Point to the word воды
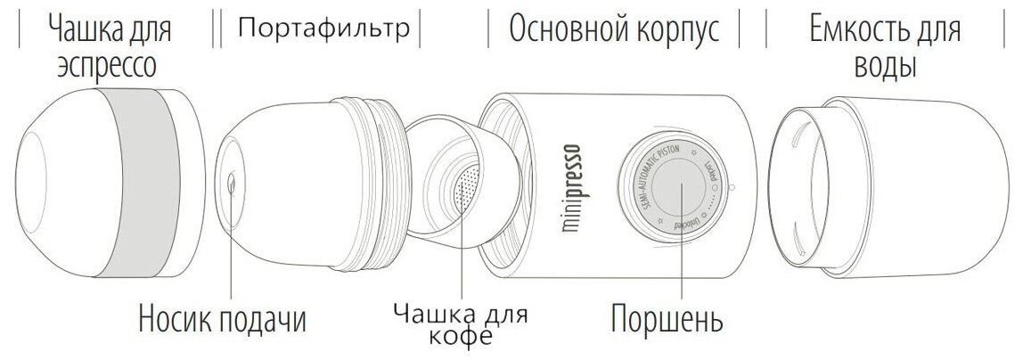(885, 66)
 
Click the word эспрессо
(107, 66)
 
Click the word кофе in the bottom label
(461, 338)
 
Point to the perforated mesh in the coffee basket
(467, 190)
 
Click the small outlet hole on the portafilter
(231, 184)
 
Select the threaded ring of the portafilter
(379, 177)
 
